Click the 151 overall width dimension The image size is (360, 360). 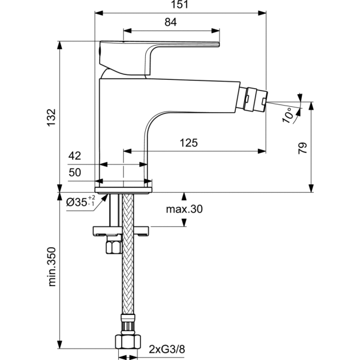click(181, 5)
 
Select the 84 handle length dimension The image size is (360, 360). click(170, 22)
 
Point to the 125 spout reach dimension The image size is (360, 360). click(190, 143)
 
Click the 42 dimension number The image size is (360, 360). click(75, 156)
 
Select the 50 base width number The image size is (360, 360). click(75, 173)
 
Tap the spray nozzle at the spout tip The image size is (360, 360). click(254, 100)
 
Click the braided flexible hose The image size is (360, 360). click(127, 276)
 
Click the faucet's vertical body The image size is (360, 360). click(120, 126)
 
